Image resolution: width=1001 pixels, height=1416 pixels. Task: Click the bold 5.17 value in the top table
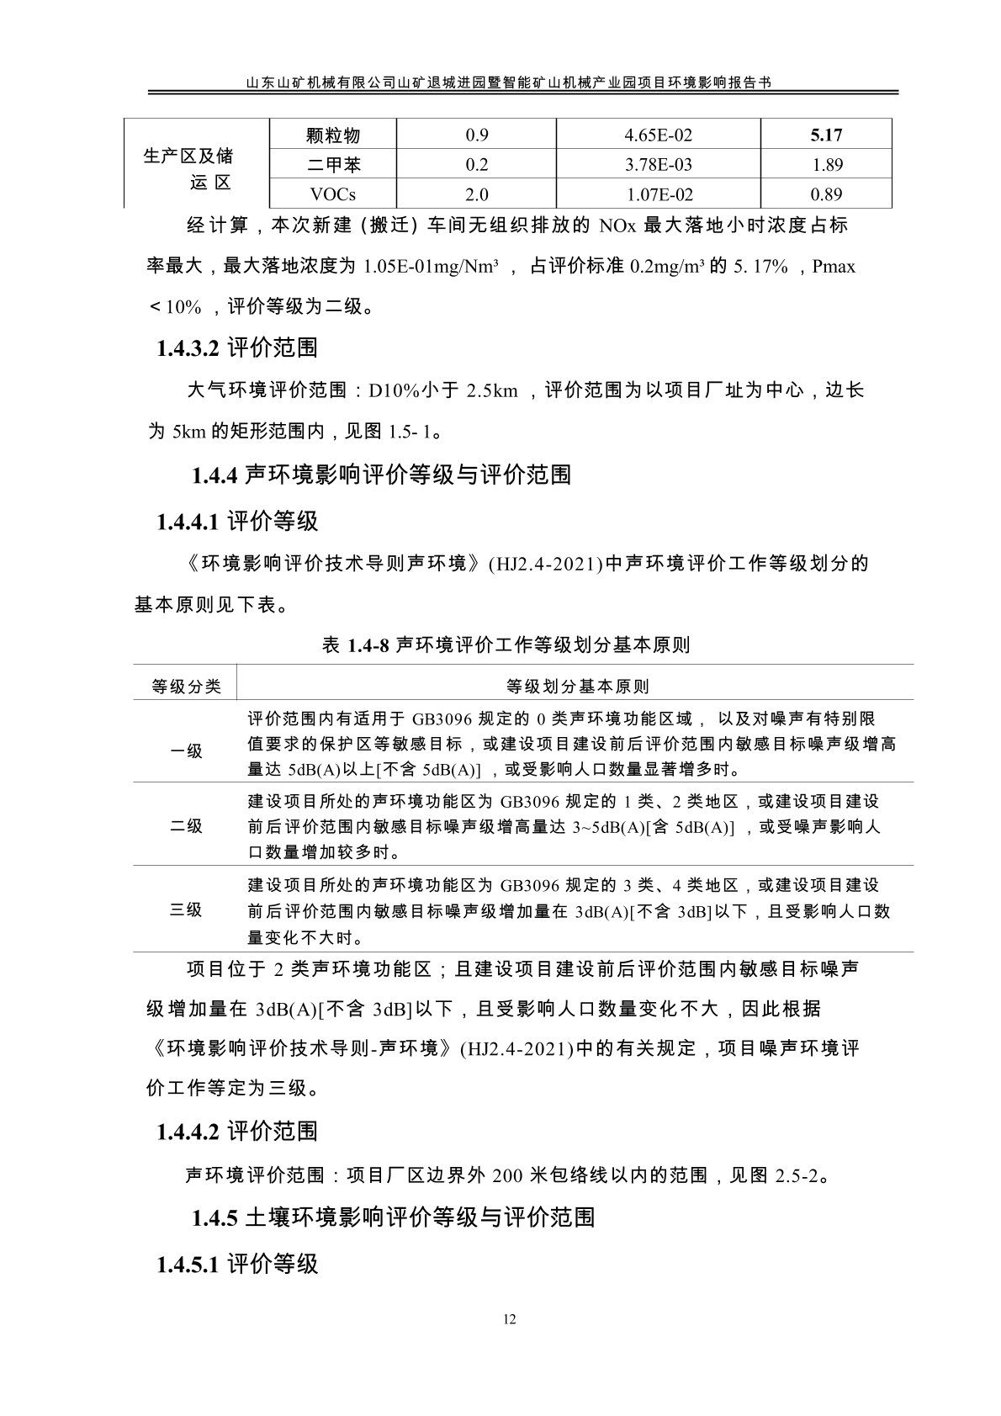826,135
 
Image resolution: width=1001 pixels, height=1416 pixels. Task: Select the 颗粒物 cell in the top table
333,135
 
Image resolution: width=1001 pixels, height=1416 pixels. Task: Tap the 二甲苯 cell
333,165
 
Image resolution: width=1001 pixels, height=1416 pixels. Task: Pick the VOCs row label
333,194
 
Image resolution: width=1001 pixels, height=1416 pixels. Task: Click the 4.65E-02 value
659,135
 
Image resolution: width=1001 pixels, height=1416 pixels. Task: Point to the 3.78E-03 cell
659,165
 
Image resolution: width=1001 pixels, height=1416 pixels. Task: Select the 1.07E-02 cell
659,194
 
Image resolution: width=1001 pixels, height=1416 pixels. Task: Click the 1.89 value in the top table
826,165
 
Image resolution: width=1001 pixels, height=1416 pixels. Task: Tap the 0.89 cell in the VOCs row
826,194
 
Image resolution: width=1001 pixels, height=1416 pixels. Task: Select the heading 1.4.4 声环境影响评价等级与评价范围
381,475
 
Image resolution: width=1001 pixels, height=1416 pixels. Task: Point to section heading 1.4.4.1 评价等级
237,522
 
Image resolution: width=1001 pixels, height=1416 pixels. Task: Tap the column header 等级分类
187,687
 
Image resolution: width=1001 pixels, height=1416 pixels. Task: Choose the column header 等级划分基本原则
577,687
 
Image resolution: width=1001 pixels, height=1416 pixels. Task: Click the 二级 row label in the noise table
187,826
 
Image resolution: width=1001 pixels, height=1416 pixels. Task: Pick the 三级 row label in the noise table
187,910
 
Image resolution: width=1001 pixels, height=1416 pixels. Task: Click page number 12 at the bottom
510,1318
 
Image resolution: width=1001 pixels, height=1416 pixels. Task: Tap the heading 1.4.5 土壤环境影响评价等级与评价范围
394,1217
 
